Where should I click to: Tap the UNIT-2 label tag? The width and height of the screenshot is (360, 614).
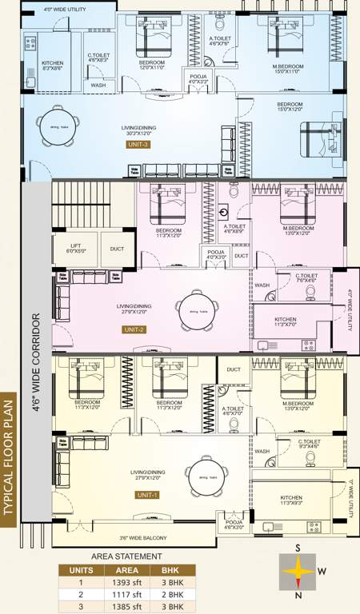pyautogui.click(x=133, y=329)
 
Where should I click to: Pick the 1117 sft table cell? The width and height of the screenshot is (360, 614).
pyautogui.click(x=128, y=594)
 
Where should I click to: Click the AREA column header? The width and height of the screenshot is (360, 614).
pyautogui.click(x=128, y=569)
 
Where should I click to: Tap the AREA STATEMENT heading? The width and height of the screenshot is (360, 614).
pyautogui.click(x=126, y=556)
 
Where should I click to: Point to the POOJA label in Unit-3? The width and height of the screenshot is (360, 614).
pyautogui.click(x=198, y=77)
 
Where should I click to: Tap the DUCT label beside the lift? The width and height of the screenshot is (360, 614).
pyautogui.click(x=117, y=249)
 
